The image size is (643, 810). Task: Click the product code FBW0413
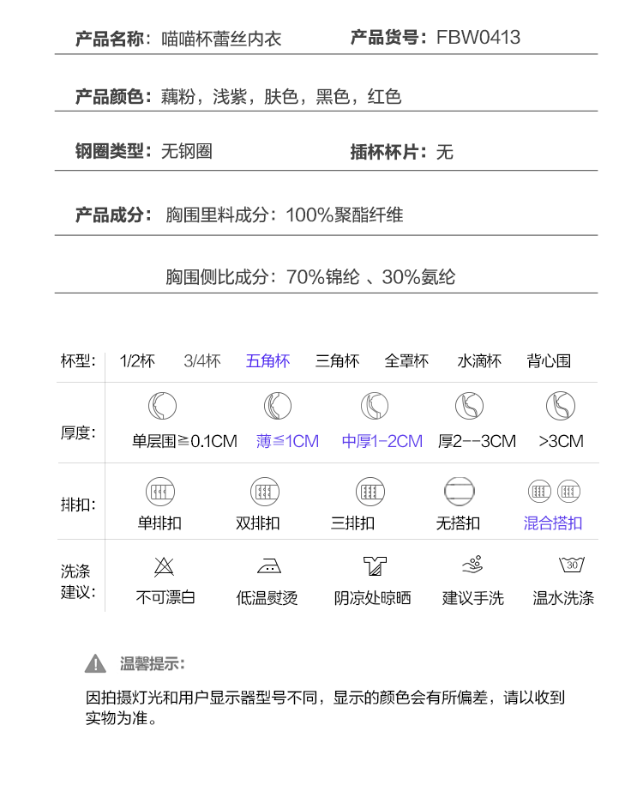(478, 38)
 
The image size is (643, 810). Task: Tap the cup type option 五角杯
(267, 361)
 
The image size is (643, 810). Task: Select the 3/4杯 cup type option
(202, 361)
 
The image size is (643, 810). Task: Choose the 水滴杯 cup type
(479, 361)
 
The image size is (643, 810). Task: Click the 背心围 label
(549, 361)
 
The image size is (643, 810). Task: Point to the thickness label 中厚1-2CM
(382, 441)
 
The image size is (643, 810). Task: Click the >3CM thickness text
(561, 441)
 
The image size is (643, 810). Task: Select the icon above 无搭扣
(459, 492)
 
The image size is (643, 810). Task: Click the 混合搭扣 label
(553, 523)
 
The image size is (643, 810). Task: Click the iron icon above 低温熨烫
(268, 566)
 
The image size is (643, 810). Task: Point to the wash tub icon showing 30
(572, 565)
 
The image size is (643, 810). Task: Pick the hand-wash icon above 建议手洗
(472, 565)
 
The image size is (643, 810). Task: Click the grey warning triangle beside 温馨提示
(96, 663)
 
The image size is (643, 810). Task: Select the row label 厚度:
(78, 432)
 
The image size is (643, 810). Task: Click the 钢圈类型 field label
(110, 152)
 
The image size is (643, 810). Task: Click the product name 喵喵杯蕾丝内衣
(221, 39)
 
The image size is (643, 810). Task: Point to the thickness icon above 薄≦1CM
(277, 406)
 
